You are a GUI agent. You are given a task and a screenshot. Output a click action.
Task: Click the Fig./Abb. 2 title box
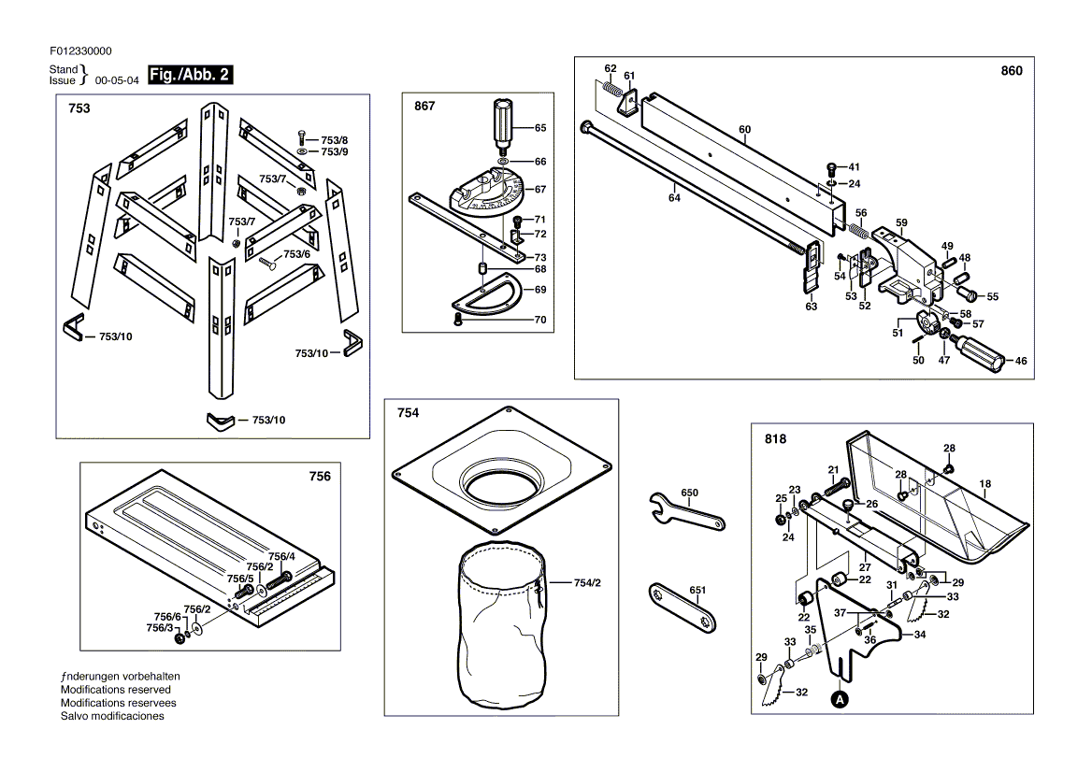[x=190, y=75]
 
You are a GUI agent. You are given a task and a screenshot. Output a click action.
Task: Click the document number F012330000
[x=80, y=50]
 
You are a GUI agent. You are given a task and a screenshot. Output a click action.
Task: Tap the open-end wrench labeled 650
[x=686, y=511]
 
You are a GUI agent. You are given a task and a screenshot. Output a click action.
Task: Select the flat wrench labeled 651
[x=682, y=608]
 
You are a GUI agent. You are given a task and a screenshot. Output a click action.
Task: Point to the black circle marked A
[x=841, y=699]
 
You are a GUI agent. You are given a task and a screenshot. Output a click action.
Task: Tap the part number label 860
[x=1012, y=71]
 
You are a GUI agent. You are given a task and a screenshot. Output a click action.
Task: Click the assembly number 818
[x=775, y=438]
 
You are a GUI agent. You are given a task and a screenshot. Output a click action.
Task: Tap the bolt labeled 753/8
[x=302, y=137]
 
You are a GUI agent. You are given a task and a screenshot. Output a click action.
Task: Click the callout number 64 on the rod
[x=674, y=198]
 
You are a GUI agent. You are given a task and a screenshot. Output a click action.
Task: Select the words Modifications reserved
[x=116, y=689]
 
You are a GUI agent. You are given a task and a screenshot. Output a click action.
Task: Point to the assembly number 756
[x=320, y=476]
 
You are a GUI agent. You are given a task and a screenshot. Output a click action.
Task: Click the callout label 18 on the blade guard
[x=984, y=484]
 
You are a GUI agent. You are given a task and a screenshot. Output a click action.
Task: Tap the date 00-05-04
[x=117, y=80]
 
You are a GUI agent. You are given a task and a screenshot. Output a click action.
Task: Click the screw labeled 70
[x=458, y=319]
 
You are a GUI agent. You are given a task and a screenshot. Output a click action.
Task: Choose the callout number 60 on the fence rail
[x=744, y=130]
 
